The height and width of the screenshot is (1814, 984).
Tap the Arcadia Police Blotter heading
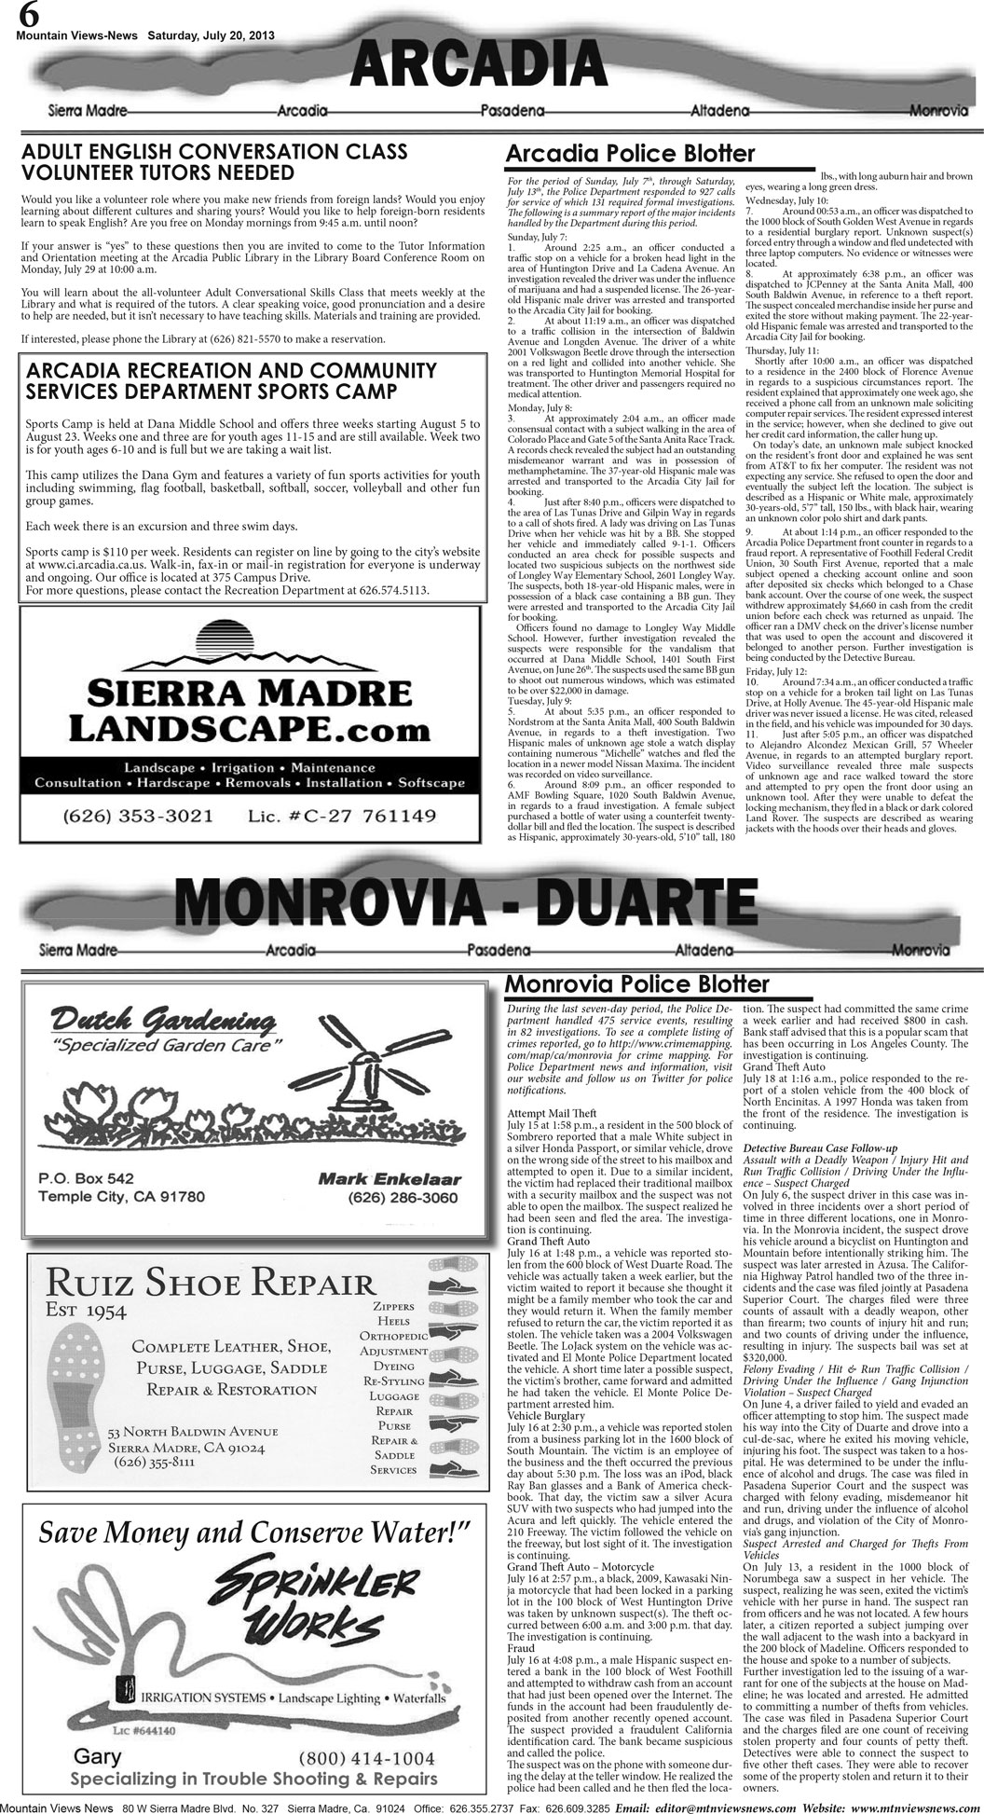(x=629, y=155)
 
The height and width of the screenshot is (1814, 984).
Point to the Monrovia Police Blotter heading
(x=635, y=984)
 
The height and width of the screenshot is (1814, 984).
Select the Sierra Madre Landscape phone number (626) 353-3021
(x=138, y=817)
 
